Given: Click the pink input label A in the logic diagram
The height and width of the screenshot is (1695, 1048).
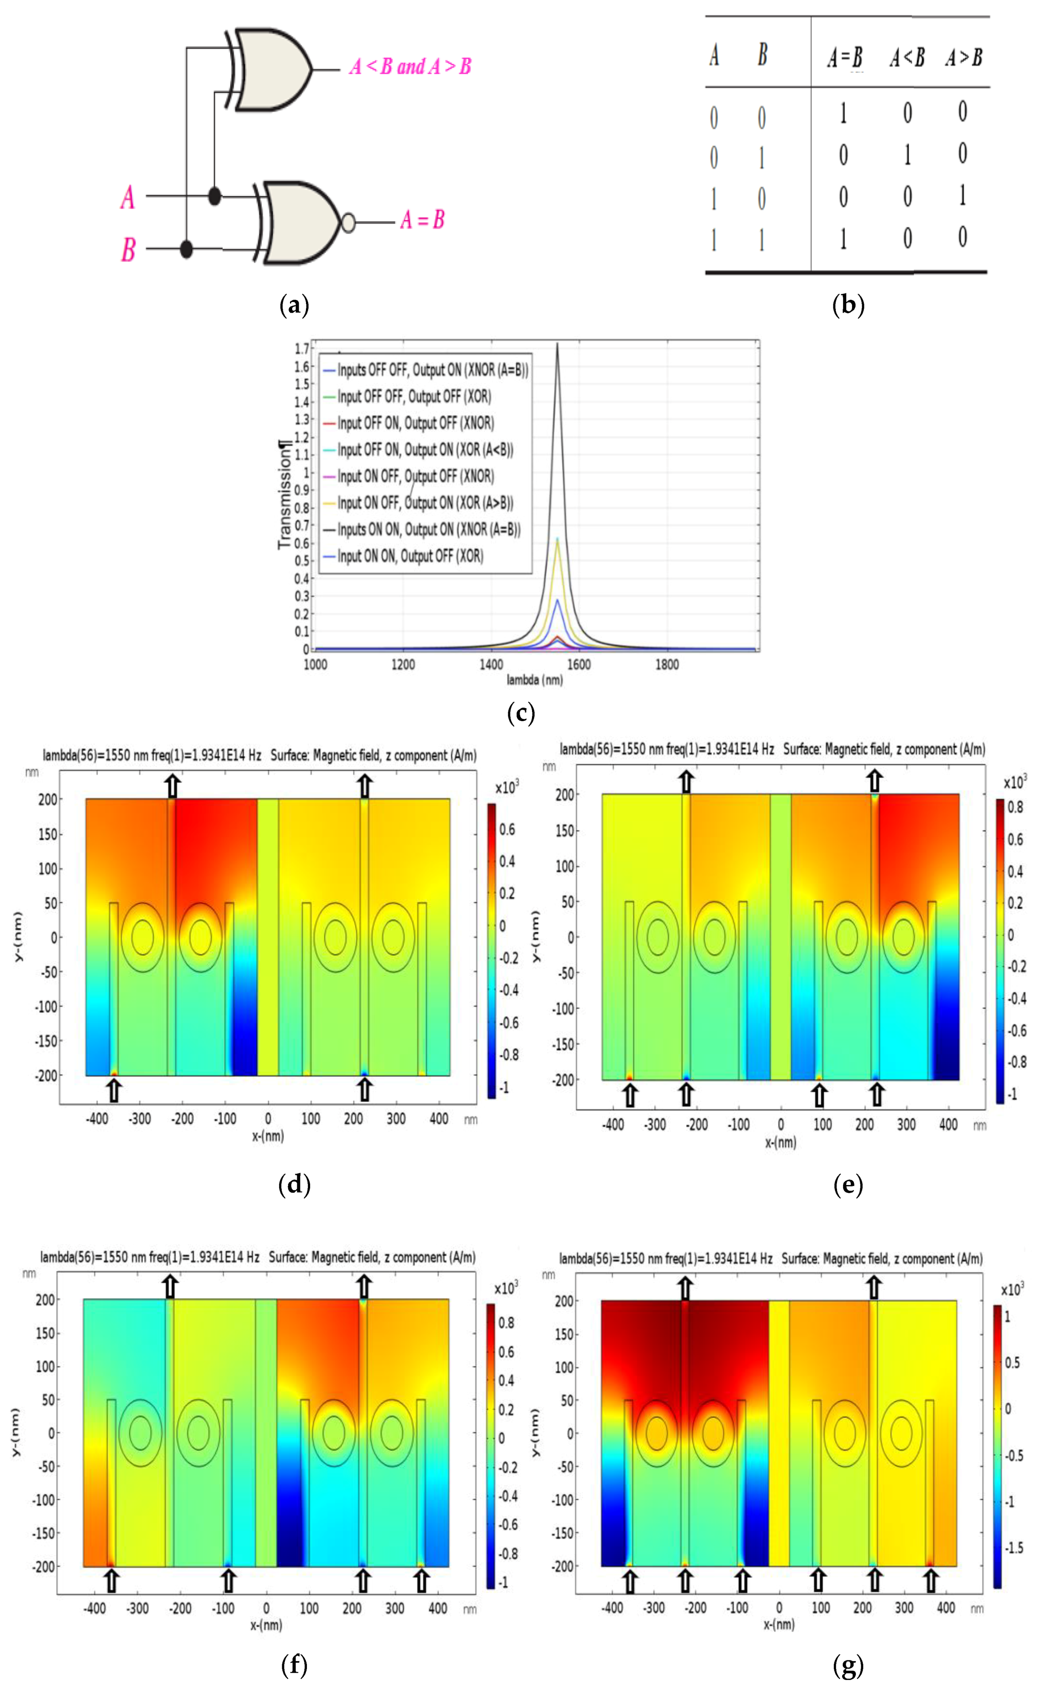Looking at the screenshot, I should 127,198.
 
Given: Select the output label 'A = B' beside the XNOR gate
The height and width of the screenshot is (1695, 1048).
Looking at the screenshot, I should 422,221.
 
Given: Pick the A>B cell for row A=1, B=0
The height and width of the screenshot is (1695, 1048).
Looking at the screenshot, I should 962,196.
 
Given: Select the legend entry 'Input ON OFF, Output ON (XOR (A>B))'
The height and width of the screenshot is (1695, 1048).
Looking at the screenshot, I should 424,503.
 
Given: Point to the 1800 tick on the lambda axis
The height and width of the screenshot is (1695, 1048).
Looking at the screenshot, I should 667,664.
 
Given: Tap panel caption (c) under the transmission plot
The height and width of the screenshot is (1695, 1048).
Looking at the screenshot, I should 521,713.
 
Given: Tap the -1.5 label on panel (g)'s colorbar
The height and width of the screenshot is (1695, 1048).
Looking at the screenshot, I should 1013,1548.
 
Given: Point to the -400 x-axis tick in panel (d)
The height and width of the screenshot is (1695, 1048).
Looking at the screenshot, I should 97,1119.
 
